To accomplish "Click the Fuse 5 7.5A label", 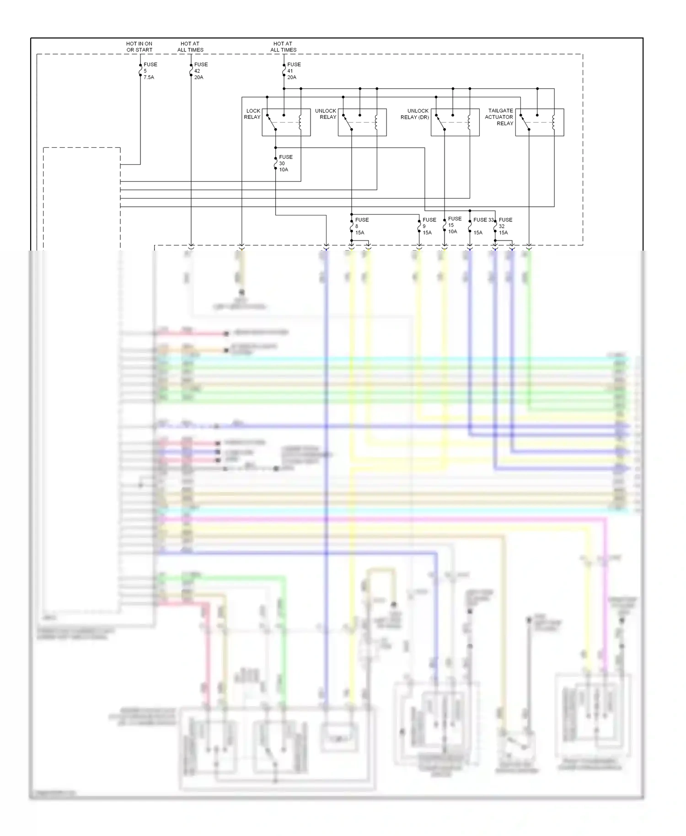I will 150,71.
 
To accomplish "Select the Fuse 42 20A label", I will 200,71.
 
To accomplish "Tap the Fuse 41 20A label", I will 293,71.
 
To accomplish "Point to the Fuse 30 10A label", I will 285,163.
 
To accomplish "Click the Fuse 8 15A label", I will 361,226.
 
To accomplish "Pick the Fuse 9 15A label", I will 429,226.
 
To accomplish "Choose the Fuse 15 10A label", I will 454,225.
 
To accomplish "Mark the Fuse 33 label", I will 483,220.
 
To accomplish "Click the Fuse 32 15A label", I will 505,226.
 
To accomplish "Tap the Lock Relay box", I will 286,122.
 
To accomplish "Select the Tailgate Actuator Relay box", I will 539,122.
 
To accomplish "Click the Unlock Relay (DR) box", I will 455,122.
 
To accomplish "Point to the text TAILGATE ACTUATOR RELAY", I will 499,117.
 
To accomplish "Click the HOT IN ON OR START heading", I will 139,47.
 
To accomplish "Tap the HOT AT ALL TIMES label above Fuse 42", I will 190,47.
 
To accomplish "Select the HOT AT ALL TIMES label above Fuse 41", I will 283,47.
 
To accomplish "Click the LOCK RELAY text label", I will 252,114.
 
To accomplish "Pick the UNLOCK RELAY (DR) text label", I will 415,114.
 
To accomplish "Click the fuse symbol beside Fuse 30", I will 276,163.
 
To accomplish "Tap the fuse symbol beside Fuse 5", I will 140,71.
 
